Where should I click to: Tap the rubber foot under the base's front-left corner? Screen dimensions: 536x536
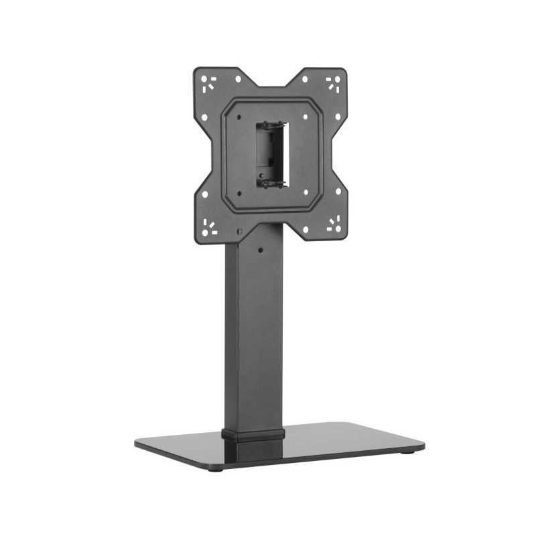click(214, 468)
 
